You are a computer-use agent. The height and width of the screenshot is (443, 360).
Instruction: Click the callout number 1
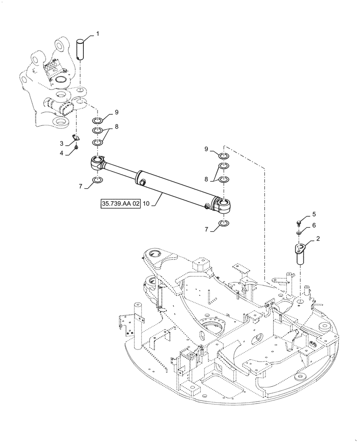click(x=98, y=34)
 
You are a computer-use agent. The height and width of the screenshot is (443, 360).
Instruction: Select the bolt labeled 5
click(x=300, y=220)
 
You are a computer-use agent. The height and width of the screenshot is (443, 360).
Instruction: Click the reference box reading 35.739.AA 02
click(x=119, y=204)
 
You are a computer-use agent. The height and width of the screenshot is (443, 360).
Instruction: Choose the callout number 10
click(x=147, y=204)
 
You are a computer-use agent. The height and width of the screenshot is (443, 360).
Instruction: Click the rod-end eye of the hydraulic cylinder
click(x=97, y=163)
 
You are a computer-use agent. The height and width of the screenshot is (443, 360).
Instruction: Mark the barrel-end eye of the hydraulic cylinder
click(x=224, y=205)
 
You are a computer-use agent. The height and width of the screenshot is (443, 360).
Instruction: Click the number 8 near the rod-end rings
click(x=116, y=126)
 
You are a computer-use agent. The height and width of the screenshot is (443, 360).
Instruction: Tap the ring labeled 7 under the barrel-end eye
click(x=224, y=223)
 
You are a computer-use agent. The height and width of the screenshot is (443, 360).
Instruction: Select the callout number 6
click(x=313, y=225)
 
